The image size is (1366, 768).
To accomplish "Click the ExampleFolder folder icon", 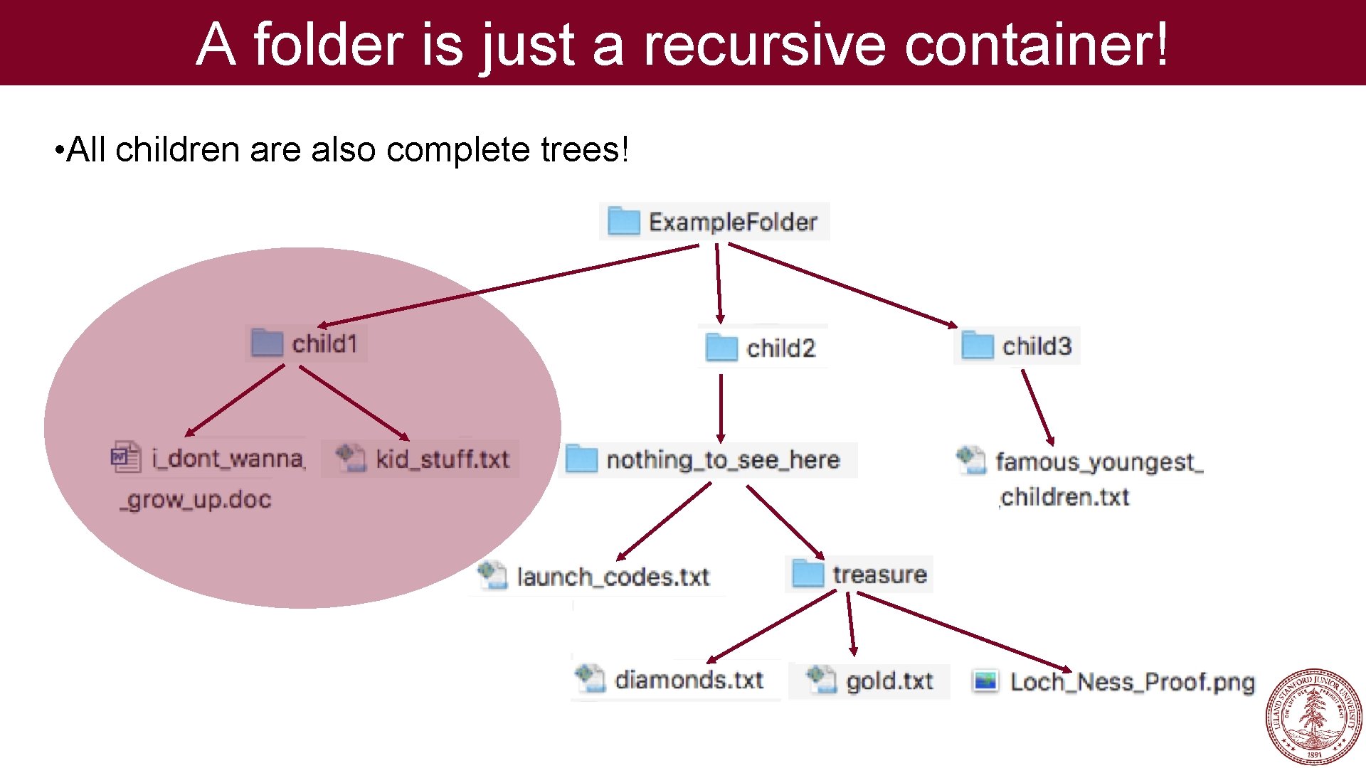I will [624, 221].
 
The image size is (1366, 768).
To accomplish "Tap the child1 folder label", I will [324, 344].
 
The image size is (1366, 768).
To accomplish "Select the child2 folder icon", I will [721, 348].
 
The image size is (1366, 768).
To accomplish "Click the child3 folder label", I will [1037, 346].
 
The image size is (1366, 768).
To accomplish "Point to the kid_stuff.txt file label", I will [442, 459].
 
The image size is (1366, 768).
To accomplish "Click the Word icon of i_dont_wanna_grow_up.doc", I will [125, 457].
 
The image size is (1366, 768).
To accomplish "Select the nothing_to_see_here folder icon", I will [581, 459].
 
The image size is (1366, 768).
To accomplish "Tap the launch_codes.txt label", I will [613, 577].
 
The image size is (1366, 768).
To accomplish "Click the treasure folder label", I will [879, 575].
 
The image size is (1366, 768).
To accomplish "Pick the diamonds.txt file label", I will [689, 680].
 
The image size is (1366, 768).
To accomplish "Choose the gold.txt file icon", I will [821, 679].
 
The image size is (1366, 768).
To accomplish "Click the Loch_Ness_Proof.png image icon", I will [986, 681].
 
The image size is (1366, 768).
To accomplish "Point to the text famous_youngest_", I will [1098, 462].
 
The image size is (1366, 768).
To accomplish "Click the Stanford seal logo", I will [1313, 717].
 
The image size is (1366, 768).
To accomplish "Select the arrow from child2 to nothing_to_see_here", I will [721, 409].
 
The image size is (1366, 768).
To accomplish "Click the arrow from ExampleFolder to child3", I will [843, 285].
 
